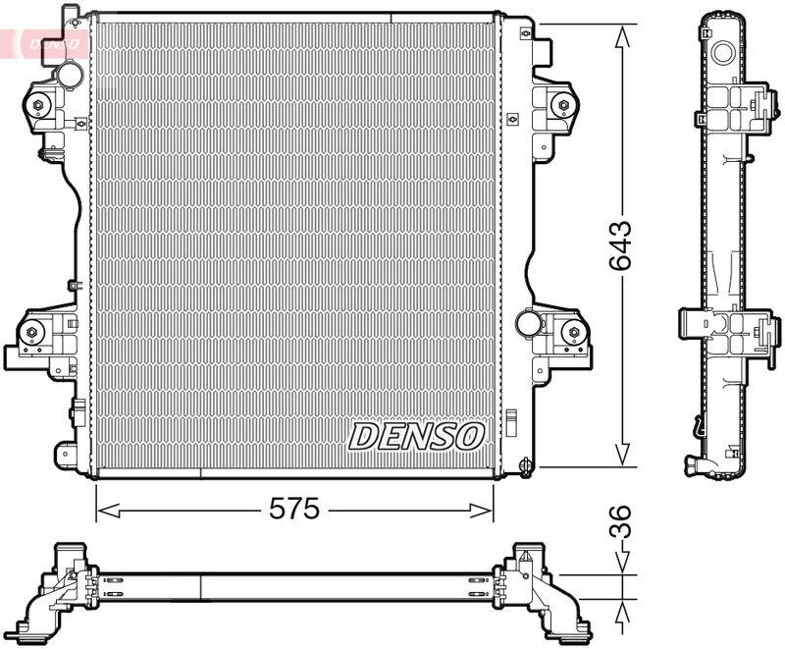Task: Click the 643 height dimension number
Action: (x=619, y=245)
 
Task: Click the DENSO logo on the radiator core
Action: (x=417, y=435)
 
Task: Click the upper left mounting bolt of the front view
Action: (x=38, y=107)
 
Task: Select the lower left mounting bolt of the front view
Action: (x=33, y=334)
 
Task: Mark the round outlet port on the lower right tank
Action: (x=529, y=320)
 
